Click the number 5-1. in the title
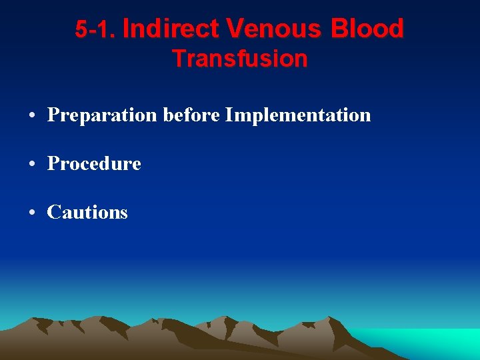click(x=96, y=30)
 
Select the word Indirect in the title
click(x=171, y=29)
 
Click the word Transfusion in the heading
click(x=240, y=59)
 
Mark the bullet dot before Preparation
click(x=33, y=116)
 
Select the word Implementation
click(x=298, y=115)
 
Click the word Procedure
click(x=94, y=163)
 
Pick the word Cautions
click(x=87, y=212)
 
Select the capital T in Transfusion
click(x=179, y=59)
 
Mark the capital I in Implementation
click(x=229, y=115)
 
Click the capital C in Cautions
click(x=53, y=212)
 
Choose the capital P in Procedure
click(x=53, y=163)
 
